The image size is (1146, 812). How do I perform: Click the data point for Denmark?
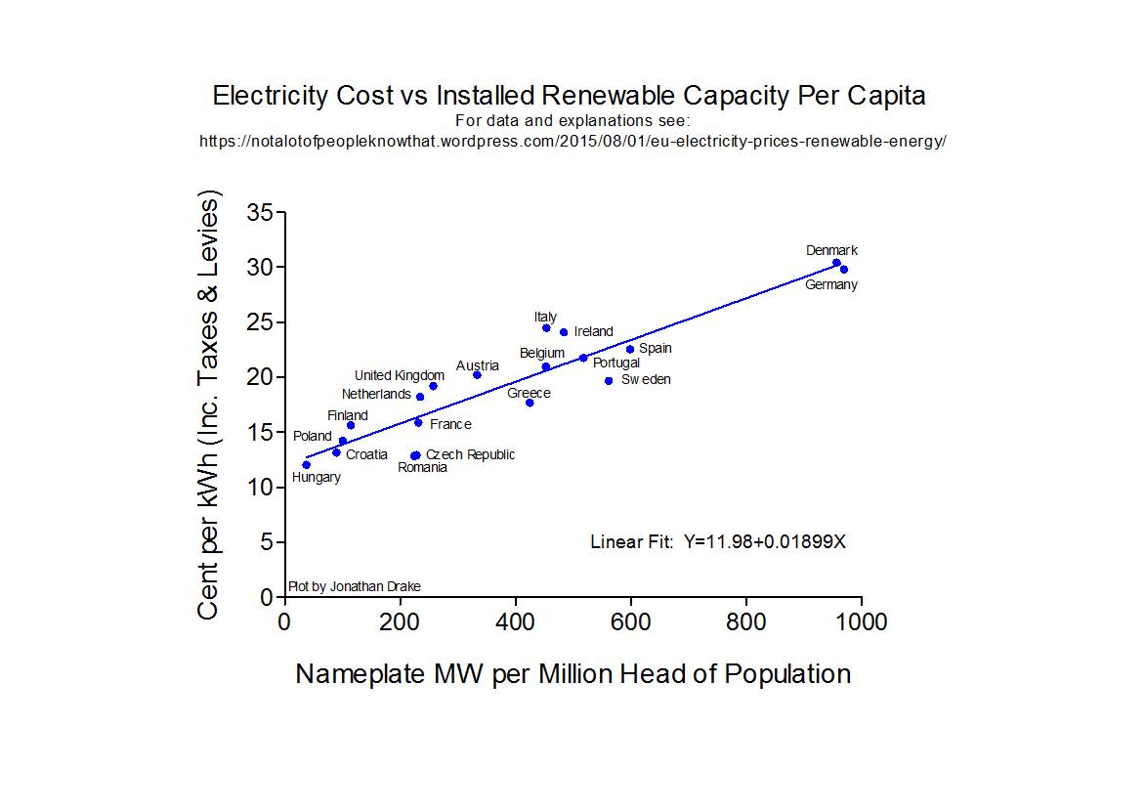coord(836,263)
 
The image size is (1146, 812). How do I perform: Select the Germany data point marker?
coord(844,270)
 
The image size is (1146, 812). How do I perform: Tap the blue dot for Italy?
coord(546,328)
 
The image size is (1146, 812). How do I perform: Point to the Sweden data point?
coord(609,381)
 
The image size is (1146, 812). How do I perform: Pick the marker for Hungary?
coord(306,465)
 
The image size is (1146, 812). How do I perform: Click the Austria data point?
coord(477,375)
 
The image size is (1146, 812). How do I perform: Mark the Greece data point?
coord(530,403)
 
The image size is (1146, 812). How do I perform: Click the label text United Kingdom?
coord(399,375)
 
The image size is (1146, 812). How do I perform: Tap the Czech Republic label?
coord(470,455)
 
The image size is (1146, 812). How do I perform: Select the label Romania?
coord(422,468)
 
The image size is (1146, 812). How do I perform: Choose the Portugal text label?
coord(616,363)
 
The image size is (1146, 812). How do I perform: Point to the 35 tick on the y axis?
coord(259,212)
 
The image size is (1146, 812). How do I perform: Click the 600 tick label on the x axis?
coord(631,621)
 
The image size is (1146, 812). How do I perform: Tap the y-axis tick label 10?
coord(259,488)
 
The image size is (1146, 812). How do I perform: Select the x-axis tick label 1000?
coord(861,621)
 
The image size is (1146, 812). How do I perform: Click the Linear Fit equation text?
coord(717,541)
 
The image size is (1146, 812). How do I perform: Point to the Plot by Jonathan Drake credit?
coord(354,587)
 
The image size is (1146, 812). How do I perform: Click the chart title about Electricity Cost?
coord(569,96)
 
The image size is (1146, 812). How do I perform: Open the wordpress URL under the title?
coord(573,141)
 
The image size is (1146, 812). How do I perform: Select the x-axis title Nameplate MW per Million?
coord(573,674)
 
